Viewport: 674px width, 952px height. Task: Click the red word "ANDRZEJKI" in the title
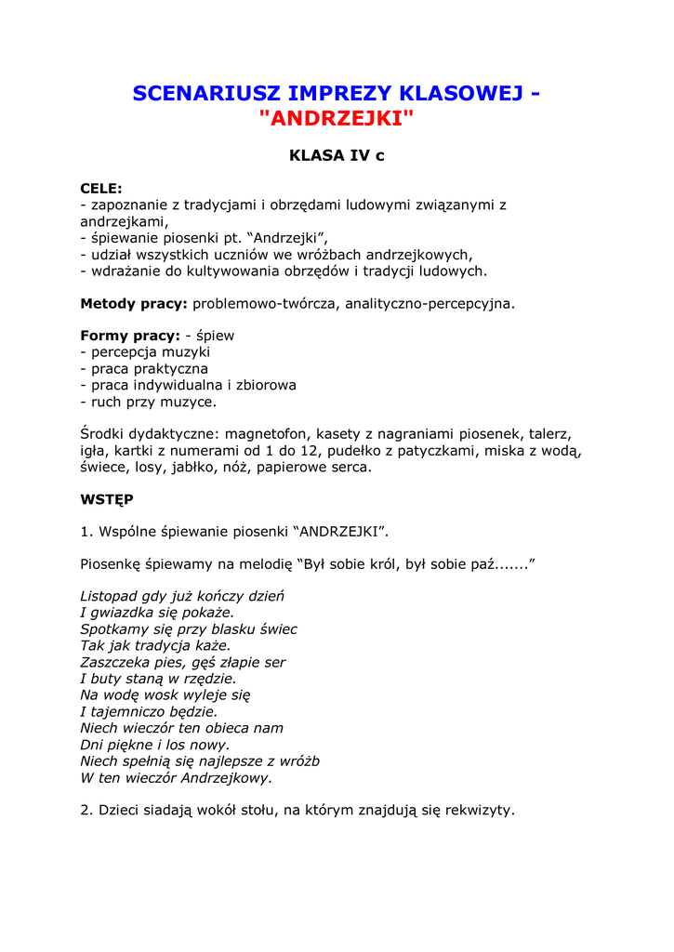337,119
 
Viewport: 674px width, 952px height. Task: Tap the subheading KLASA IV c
337,156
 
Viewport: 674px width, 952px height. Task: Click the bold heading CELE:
101,188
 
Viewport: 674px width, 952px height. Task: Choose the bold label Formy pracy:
130,336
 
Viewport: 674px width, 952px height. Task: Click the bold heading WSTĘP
107,499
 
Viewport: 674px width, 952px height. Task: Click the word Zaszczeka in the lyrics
116,663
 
